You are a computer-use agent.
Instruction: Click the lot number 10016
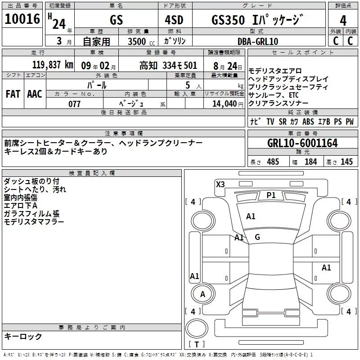[22, 19]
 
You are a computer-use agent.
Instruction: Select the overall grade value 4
[343, 21]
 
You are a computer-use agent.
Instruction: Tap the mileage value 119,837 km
[53, 65]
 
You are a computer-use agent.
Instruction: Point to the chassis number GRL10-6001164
[302, 143]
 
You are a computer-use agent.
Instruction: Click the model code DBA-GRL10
[258, 41]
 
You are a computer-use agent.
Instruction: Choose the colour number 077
[74, 104]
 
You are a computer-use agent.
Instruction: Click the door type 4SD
[174, 20]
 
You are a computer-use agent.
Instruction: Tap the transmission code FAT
[13, 94]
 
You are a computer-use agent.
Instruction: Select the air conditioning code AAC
[35, 94]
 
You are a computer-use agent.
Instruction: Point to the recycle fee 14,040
[225, 104]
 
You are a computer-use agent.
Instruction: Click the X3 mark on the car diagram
[220, 184]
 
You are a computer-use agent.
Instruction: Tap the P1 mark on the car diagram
[271, 195]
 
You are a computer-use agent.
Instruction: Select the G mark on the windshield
[257, 237]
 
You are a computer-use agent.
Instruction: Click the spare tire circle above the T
[197, 328]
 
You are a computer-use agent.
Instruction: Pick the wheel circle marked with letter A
[203, 294]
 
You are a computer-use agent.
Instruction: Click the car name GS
[117, 20]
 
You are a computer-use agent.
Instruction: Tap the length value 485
[273, 162]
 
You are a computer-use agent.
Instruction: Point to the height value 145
[346, 162]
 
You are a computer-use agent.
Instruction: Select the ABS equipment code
[308, 121]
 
